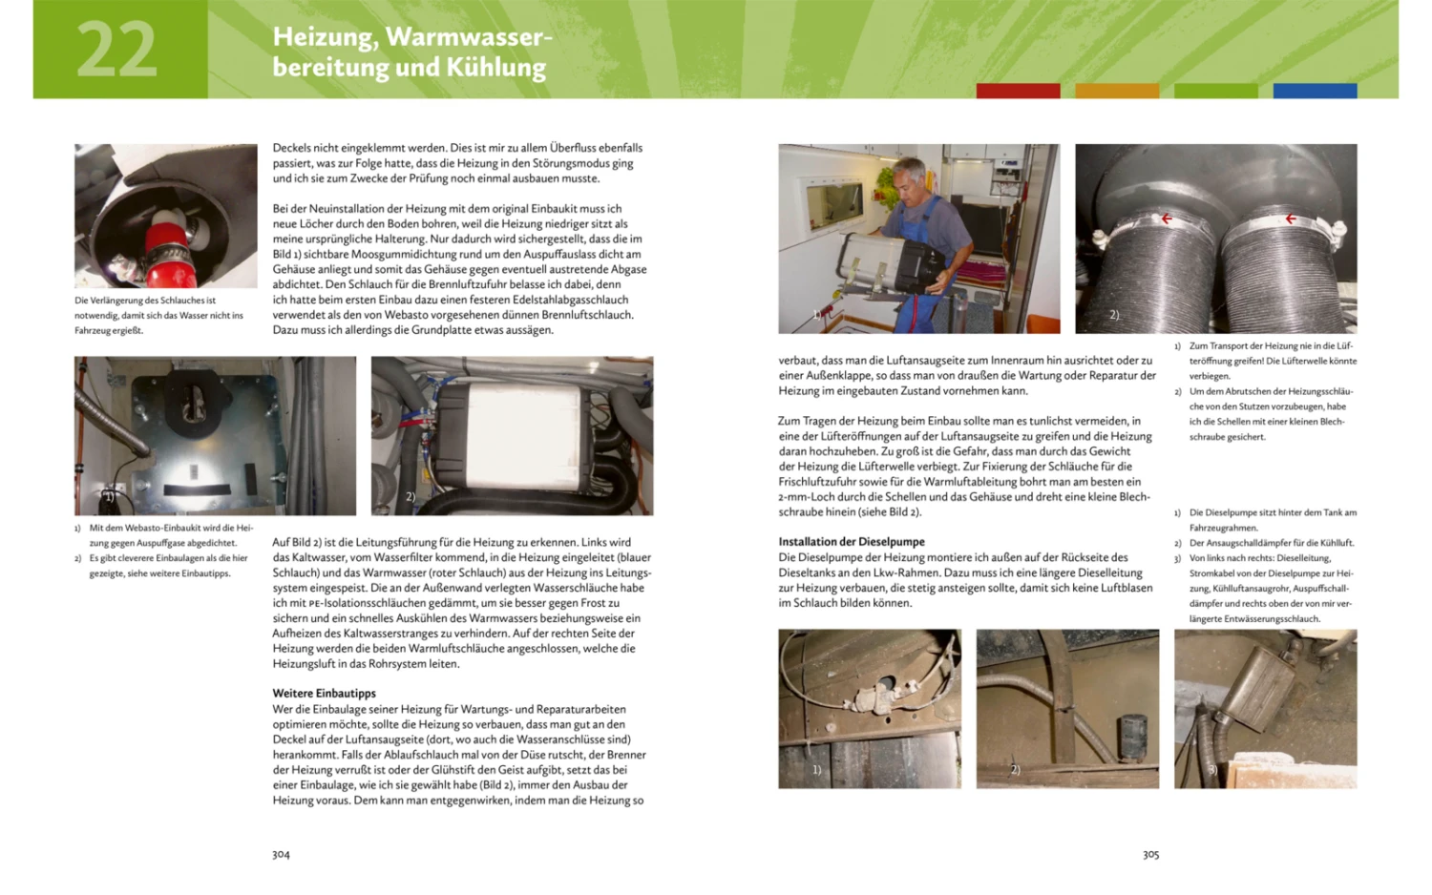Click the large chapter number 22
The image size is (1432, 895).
tap(116, 51)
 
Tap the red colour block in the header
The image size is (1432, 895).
tap(1018, 91)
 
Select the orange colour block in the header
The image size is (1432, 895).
tap(1117, 91)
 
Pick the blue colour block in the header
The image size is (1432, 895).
tap(1315, 91)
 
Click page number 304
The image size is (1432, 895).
tap(281, 855)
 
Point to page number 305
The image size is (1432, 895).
tap(1150, 855)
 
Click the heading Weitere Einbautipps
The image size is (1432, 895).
tap(325, 694)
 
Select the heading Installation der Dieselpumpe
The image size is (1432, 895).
tap(852, 542)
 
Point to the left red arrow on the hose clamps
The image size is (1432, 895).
tap(1166, 219)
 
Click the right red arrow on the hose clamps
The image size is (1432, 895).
tap(1291, 219)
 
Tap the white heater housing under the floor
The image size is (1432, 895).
tap(523, 431)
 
